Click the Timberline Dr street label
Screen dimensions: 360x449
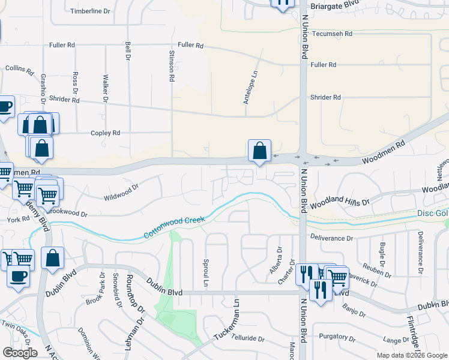tap(91, 11)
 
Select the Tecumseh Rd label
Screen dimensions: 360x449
tap(332, 34)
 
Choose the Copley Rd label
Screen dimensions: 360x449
tap(105, 133)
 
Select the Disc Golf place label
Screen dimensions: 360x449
tap(432, 214)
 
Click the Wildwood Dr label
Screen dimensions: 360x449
tap(121, 196)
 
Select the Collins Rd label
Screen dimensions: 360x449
tap(20, 70)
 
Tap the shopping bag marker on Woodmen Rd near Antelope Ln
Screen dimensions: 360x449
tap(259, 150)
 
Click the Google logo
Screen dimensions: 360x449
tap(20, 352)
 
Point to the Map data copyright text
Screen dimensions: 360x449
tap(411, 355)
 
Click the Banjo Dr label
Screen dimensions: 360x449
tap(350, 308)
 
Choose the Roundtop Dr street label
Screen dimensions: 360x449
tap(134, 295)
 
